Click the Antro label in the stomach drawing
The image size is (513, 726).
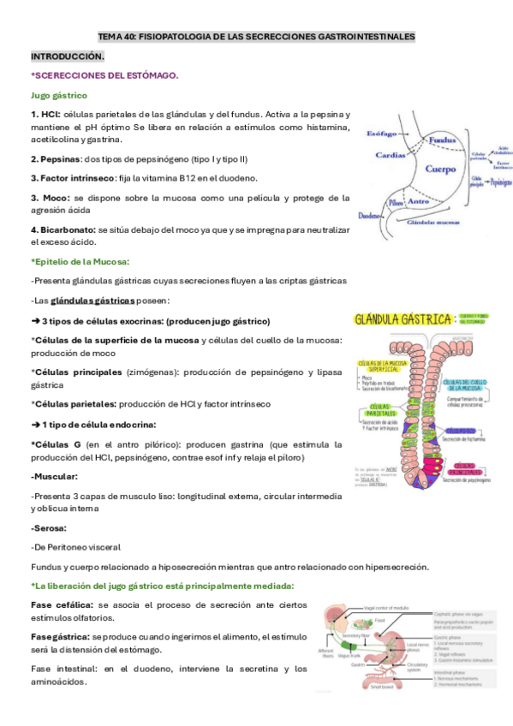point(419,202)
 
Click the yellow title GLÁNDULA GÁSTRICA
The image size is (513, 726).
point(403,319)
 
